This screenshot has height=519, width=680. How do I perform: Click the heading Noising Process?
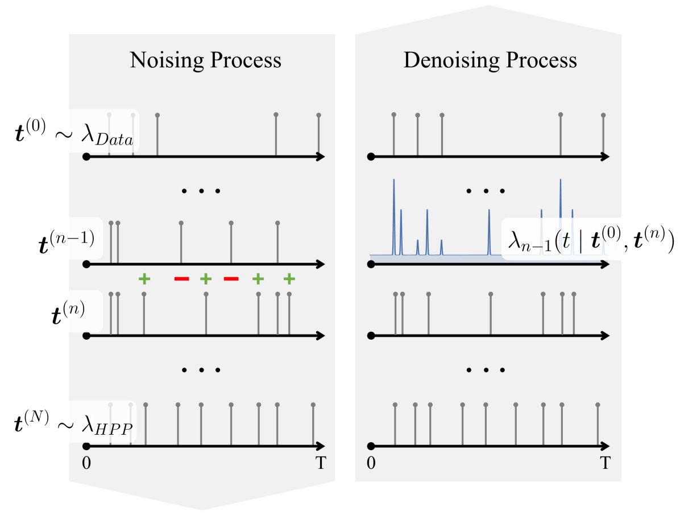click(x=205, y=60)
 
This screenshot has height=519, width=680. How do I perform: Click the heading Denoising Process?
click(x=490, y=60)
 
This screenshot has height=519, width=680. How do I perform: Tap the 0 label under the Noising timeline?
click(x=86, y=463)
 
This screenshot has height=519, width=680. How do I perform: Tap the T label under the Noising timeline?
click(x=321, y=463)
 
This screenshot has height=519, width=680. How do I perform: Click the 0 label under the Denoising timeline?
click(x=371, y=463)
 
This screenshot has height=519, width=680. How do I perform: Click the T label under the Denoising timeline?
click(x=606, y=463)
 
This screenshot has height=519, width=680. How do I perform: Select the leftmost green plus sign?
click(x=144, y=279)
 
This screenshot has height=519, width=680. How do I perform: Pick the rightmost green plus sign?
click(x=289, y=279)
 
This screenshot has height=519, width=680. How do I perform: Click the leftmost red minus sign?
click(x=181, y=279)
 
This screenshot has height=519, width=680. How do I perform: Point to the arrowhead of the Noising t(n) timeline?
click(x=321, y=336)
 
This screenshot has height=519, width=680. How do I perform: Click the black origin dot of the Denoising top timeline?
click(x=371, y=156)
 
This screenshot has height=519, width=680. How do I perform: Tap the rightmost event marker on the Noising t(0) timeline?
click(x=318, y=116)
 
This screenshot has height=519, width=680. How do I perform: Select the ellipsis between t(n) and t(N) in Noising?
click(x=201, y=370)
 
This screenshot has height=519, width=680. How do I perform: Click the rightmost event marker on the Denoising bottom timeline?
click(x=598, y=405)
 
